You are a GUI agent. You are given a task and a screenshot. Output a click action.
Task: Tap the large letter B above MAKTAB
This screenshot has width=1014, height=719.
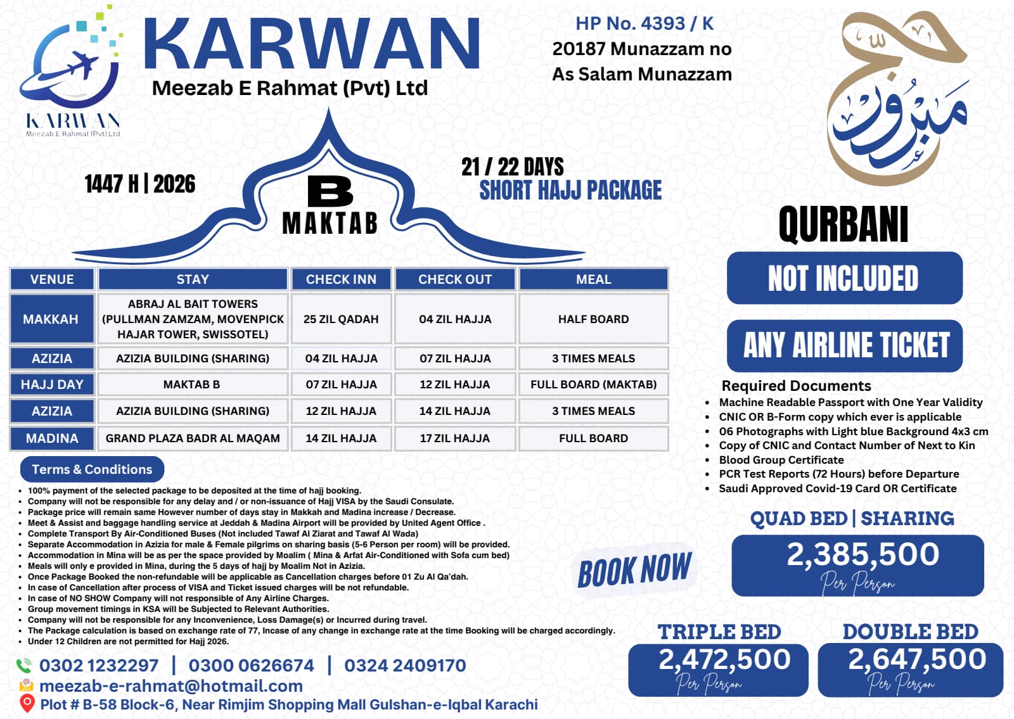tap(330, 191)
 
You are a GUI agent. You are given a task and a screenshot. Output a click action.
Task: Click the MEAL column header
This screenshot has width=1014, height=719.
tap(593, 279)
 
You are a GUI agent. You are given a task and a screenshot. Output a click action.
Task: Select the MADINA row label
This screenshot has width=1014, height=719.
tap(52, 438)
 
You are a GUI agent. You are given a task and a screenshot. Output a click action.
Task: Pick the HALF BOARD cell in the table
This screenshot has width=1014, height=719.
tap(593, 319)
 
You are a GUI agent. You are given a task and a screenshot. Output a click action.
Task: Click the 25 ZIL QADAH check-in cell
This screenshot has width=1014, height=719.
tap(341, 319)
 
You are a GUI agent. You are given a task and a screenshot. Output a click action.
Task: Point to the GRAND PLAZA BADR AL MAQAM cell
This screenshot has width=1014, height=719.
tap(193, 438)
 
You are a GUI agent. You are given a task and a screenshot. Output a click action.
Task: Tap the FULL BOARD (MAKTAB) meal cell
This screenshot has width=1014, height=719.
tap(593, 385)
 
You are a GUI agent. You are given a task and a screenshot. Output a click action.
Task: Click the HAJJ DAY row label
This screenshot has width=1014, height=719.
tap(52, 385)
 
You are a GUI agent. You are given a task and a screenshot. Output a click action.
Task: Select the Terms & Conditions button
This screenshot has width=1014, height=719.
tap(92, 469)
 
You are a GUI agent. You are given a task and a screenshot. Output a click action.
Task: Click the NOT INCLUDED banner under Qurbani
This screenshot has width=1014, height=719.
tap(844, 278)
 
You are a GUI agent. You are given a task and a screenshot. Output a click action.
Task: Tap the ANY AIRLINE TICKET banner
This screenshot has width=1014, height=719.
tap(845, 346)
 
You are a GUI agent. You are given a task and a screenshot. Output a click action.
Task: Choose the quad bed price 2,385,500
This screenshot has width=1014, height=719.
tap(863, 555)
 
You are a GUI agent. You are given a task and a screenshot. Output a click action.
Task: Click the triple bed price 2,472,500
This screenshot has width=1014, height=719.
tap(724, 659)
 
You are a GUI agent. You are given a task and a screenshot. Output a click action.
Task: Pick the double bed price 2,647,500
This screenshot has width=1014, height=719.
tap(916, 659)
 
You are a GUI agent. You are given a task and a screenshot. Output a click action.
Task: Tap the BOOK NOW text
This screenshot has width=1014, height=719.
tap(634, 569)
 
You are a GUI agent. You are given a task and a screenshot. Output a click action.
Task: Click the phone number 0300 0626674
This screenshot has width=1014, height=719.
tap(251, 665)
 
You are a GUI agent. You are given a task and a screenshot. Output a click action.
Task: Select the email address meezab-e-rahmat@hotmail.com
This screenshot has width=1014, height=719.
tap(171, 686)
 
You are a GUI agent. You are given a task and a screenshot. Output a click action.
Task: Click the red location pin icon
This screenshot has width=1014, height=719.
tap(27, 703)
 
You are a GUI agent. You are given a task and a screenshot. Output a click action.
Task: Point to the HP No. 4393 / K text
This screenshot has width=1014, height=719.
tap(644, 23)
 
